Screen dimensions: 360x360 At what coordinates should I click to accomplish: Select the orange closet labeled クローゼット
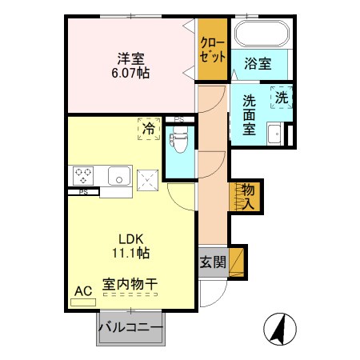(x=213, y=50)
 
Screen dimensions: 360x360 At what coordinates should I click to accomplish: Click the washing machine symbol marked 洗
(x=281, y=97)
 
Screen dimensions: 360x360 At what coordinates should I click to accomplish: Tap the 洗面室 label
(x=250, y=115)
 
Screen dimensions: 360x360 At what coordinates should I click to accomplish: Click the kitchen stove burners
(x=84, y=175)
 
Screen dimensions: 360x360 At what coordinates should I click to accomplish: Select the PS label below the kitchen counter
(x=83, y=192)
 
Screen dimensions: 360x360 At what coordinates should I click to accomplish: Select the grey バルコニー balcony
(x=130, y=329)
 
